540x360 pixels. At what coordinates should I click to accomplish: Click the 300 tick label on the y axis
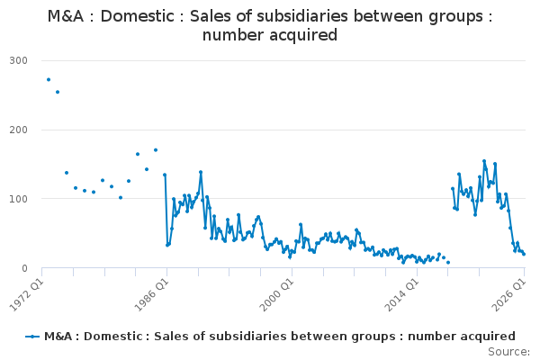click(19, 60)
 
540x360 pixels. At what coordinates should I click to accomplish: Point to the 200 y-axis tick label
click(19, 130)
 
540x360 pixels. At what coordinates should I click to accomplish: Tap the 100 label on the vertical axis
click(19, 199)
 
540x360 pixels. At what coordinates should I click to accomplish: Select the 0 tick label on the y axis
click(24, 268)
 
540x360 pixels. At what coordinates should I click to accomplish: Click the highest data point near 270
click(49, 79)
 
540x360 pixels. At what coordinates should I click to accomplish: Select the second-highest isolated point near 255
click(58, 92)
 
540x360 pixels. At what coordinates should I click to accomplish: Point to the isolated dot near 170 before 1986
click(156, 150)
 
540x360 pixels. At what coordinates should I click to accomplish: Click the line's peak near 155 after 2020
click(484, 161)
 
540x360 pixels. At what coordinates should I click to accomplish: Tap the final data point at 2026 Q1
click(524, 254)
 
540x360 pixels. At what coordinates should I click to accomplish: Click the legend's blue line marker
click(32, 337)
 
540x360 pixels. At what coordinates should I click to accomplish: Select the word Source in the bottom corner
click(507, 352)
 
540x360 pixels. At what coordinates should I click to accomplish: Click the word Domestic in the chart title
click(138, 16)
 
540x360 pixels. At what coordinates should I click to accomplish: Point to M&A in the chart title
click(66, 16)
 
